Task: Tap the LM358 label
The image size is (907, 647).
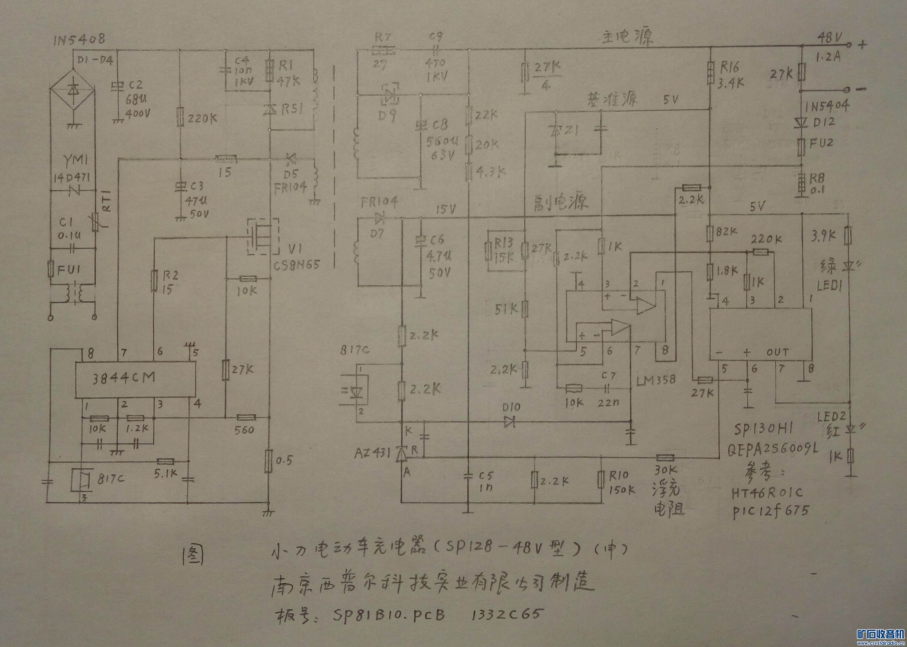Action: tap(656, 380)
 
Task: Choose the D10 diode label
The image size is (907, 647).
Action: tap(511, 408)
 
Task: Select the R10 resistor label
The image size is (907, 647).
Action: tap(618, 475)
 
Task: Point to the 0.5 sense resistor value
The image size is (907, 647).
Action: tap(284, 461)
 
